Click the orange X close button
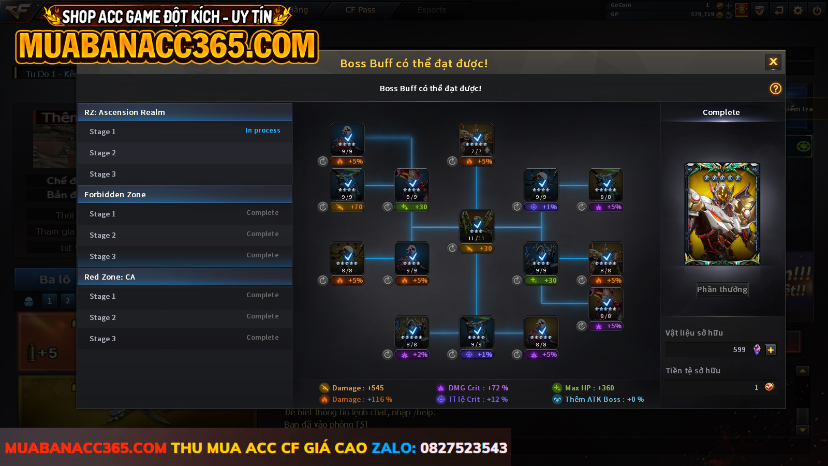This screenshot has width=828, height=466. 773,62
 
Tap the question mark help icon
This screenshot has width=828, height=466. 775,89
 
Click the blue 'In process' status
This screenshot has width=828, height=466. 262,130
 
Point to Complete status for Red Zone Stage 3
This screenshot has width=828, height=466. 262,338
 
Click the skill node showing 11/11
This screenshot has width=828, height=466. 477,226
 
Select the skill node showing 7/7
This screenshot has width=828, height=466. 477,139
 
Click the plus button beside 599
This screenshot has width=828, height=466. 771,350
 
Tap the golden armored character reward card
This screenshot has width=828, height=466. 722,214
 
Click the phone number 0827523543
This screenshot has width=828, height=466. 464,448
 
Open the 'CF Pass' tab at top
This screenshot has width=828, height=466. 360,10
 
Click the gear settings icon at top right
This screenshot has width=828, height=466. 798,10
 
